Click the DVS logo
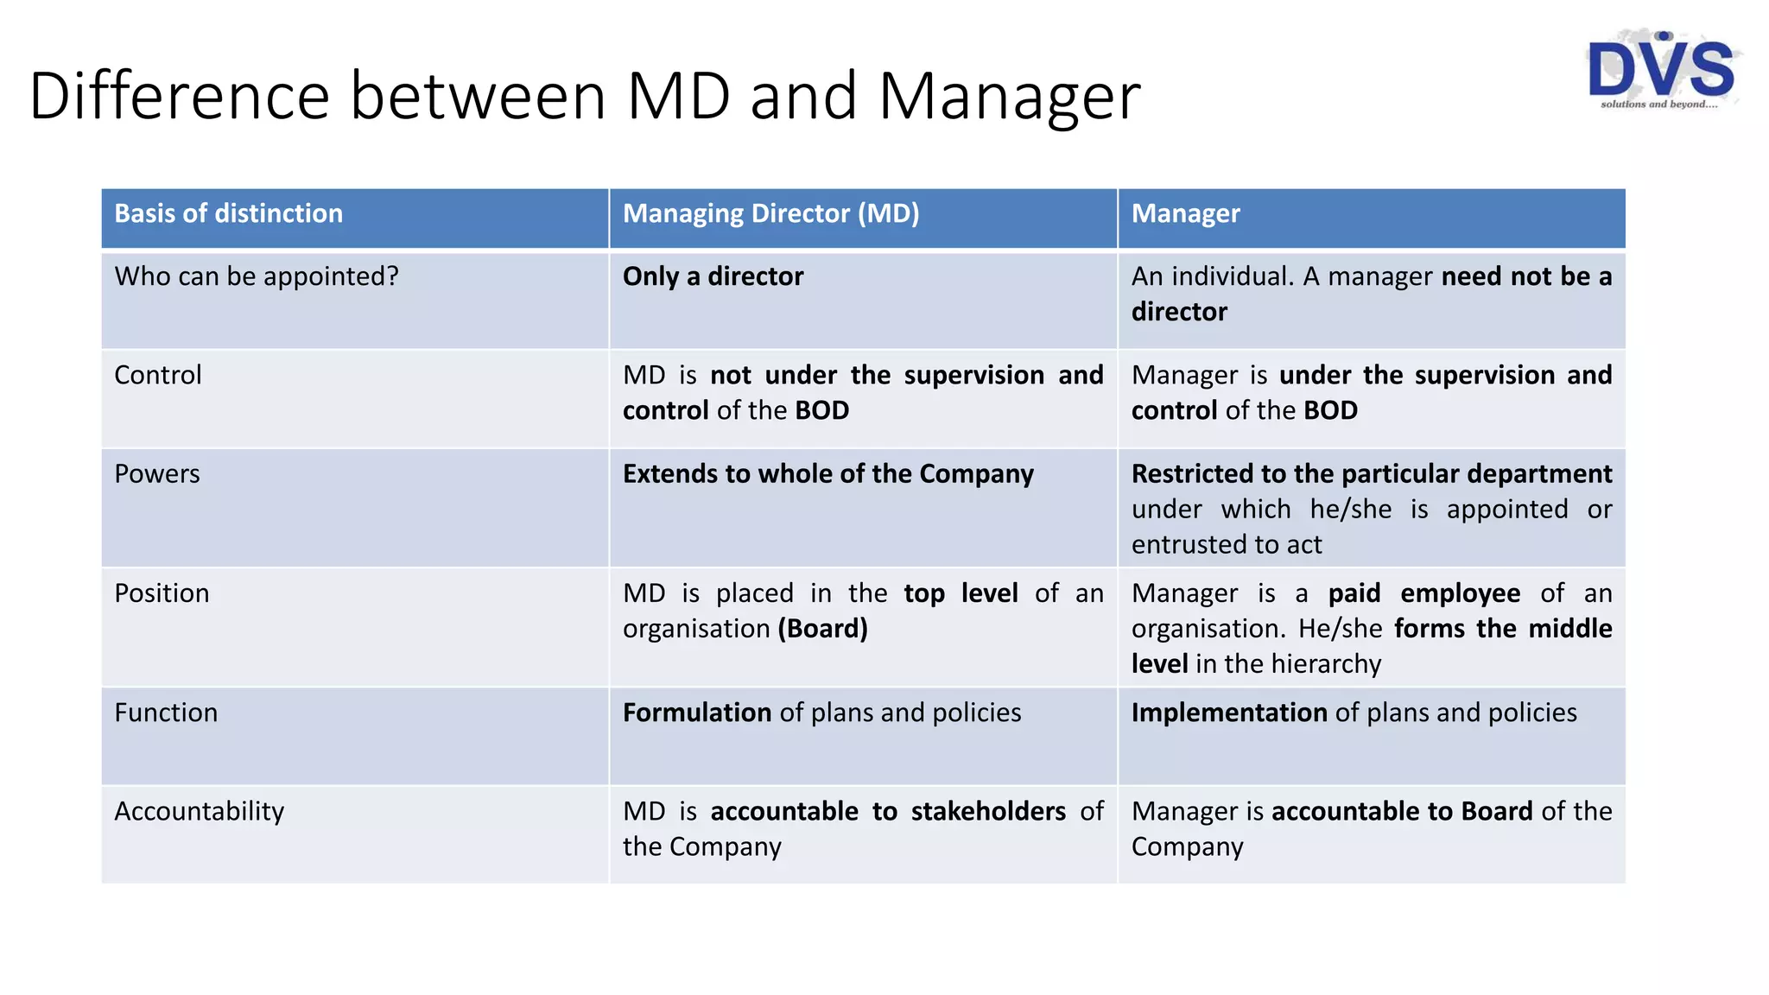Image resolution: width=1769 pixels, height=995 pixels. [1661, 70]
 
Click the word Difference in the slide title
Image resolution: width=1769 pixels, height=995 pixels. [179, 96]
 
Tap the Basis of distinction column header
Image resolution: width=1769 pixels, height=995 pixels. [228, 213]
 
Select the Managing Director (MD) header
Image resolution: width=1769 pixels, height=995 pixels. [770, 213]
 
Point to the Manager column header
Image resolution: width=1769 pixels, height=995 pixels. [1185, 213]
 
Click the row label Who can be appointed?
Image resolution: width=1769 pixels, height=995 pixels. [257, 276]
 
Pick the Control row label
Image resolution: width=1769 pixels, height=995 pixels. [158, 375]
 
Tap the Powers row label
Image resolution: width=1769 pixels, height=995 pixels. [157, 473]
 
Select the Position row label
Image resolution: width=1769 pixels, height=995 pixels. [162, 593]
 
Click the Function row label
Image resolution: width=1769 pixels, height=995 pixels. [166, 713]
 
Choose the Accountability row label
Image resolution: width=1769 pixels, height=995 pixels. [199, 812]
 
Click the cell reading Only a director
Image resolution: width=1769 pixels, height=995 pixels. [713, 276]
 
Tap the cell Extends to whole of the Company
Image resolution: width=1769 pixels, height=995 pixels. [827, 473]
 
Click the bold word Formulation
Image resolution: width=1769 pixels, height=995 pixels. [696, 713]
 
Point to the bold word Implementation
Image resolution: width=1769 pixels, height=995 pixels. [1228, 713]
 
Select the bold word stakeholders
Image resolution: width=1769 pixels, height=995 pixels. [988, 811]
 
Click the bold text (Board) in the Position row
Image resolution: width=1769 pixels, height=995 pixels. [822, 629]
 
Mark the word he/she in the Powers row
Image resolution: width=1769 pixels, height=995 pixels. [1350, 510]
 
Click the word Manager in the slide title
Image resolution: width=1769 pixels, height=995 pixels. [1009, 96]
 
